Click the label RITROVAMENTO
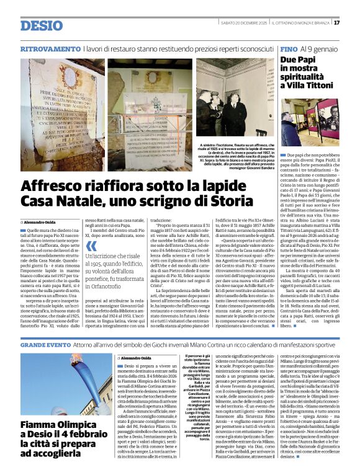tap(50, 48)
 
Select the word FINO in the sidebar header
tap(288, 48)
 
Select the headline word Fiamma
tap(43, 407)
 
